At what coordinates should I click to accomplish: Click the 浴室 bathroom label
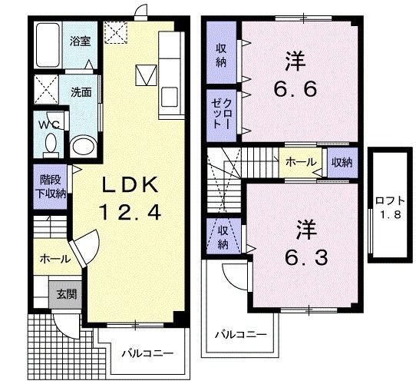click(80, 41)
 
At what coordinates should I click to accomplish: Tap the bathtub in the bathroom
click(48, 45)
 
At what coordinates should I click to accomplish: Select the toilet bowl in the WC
click(51, 145)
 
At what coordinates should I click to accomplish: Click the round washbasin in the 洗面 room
click(84, 145)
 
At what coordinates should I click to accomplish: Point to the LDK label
click(130, 184)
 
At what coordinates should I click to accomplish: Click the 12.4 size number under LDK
click(130, 212)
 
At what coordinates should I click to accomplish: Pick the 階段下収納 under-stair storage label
click(51, 187)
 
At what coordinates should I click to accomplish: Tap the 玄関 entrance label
click(67, 293)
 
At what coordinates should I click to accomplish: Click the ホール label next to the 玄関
click(55, 259)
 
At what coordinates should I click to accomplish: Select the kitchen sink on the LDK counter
click(170, 98)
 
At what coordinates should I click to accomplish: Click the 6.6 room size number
click(295, 89)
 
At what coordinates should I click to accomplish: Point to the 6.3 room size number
click(306, 257)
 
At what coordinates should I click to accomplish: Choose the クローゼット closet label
click(222, 114)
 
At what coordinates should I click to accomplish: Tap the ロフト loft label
click(390, 200)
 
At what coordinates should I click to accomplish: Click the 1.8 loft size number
click(391, 214)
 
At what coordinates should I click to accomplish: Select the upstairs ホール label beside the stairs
click(301, 161)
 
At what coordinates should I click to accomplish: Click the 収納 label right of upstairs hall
click(342, 162)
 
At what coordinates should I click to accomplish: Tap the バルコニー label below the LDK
click(147, 353)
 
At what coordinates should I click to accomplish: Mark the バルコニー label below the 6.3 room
click(240, 335)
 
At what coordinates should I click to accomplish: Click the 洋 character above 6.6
click(295, 61)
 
